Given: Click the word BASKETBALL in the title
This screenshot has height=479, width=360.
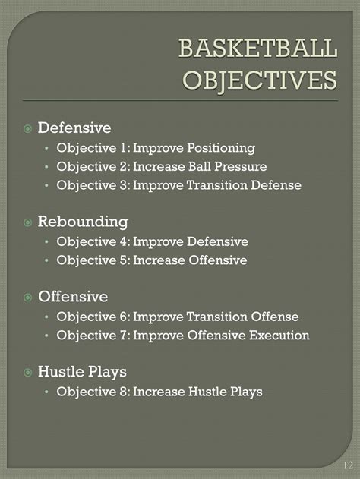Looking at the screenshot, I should (257, 50).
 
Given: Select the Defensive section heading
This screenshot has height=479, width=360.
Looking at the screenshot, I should (74, 128).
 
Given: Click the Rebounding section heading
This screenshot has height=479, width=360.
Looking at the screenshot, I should (83, 222).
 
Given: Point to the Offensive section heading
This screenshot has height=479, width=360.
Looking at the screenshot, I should (73, 297).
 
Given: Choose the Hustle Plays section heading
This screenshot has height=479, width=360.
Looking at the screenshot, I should (82, 372).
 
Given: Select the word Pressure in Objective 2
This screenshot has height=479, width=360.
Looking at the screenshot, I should (242, 166).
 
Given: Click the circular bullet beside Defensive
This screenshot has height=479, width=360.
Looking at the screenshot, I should (27, 129).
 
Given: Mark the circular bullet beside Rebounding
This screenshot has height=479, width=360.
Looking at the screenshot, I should (27, 223).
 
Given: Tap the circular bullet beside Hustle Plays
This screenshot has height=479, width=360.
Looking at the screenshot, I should (27, 373).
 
